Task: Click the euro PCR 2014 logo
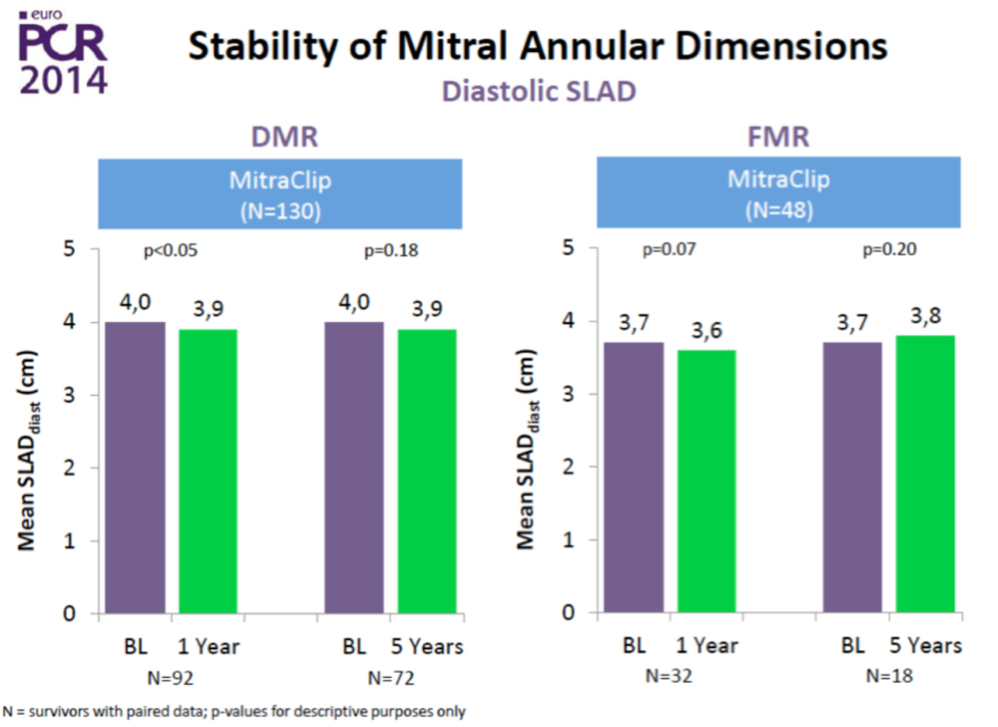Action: [63, 53]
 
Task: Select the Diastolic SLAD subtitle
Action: [539, 92]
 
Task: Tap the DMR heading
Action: [284, 137]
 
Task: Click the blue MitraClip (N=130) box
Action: [280, 194]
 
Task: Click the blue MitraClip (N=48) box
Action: [778, 193]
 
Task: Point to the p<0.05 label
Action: [171, 251]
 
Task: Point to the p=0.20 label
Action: [889, 250]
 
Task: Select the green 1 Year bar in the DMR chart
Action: [208, 471]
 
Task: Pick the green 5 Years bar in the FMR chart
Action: [925, 474]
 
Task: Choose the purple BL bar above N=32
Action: [633, 477]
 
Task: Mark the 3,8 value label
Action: [925, 316]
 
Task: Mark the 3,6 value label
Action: [706, 331]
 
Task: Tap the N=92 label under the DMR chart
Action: [171, 678]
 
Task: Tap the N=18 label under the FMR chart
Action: [889, 677]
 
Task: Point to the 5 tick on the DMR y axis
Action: [70, 249]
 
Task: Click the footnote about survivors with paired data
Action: [234, 712]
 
